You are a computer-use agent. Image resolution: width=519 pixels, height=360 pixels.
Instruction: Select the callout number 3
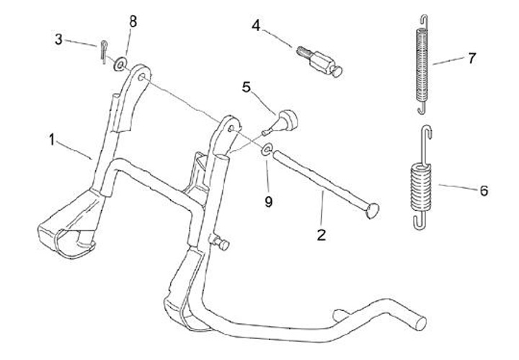60,39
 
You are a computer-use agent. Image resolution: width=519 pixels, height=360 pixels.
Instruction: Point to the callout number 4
256,26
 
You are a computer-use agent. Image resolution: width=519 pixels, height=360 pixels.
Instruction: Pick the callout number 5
247,89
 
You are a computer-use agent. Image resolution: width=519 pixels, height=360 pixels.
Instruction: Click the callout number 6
483,191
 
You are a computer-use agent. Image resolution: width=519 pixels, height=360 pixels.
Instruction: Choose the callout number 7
471,58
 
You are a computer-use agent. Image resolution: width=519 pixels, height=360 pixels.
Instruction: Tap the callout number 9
268,202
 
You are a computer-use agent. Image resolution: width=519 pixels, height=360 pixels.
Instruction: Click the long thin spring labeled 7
425,65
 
